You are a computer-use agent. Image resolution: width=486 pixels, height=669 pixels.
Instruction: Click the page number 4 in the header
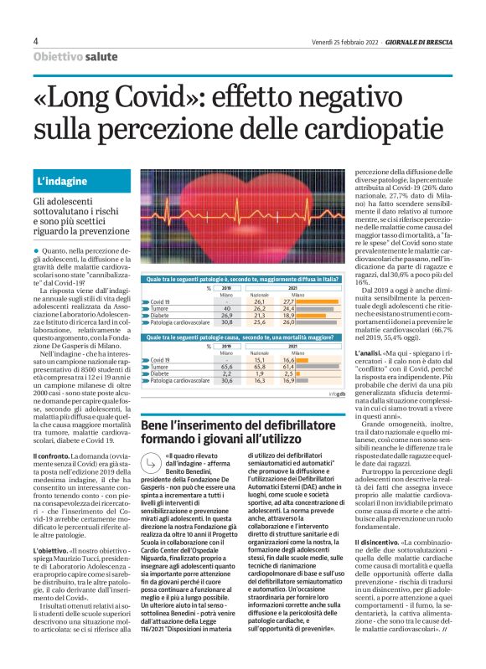36,41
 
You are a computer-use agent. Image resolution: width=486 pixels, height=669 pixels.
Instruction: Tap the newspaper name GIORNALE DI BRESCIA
421,41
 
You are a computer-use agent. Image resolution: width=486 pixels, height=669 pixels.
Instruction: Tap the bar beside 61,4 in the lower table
322,367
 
